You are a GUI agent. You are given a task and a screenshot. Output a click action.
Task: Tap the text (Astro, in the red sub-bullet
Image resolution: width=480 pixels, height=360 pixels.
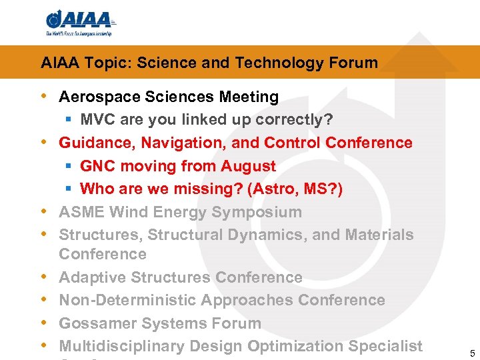(273, 189)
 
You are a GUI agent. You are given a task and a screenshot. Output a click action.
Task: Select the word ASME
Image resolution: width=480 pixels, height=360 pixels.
(81, 213)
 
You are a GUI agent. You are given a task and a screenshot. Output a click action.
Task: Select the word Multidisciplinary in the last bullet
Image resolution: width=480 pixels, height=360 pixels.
(122, 347)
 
